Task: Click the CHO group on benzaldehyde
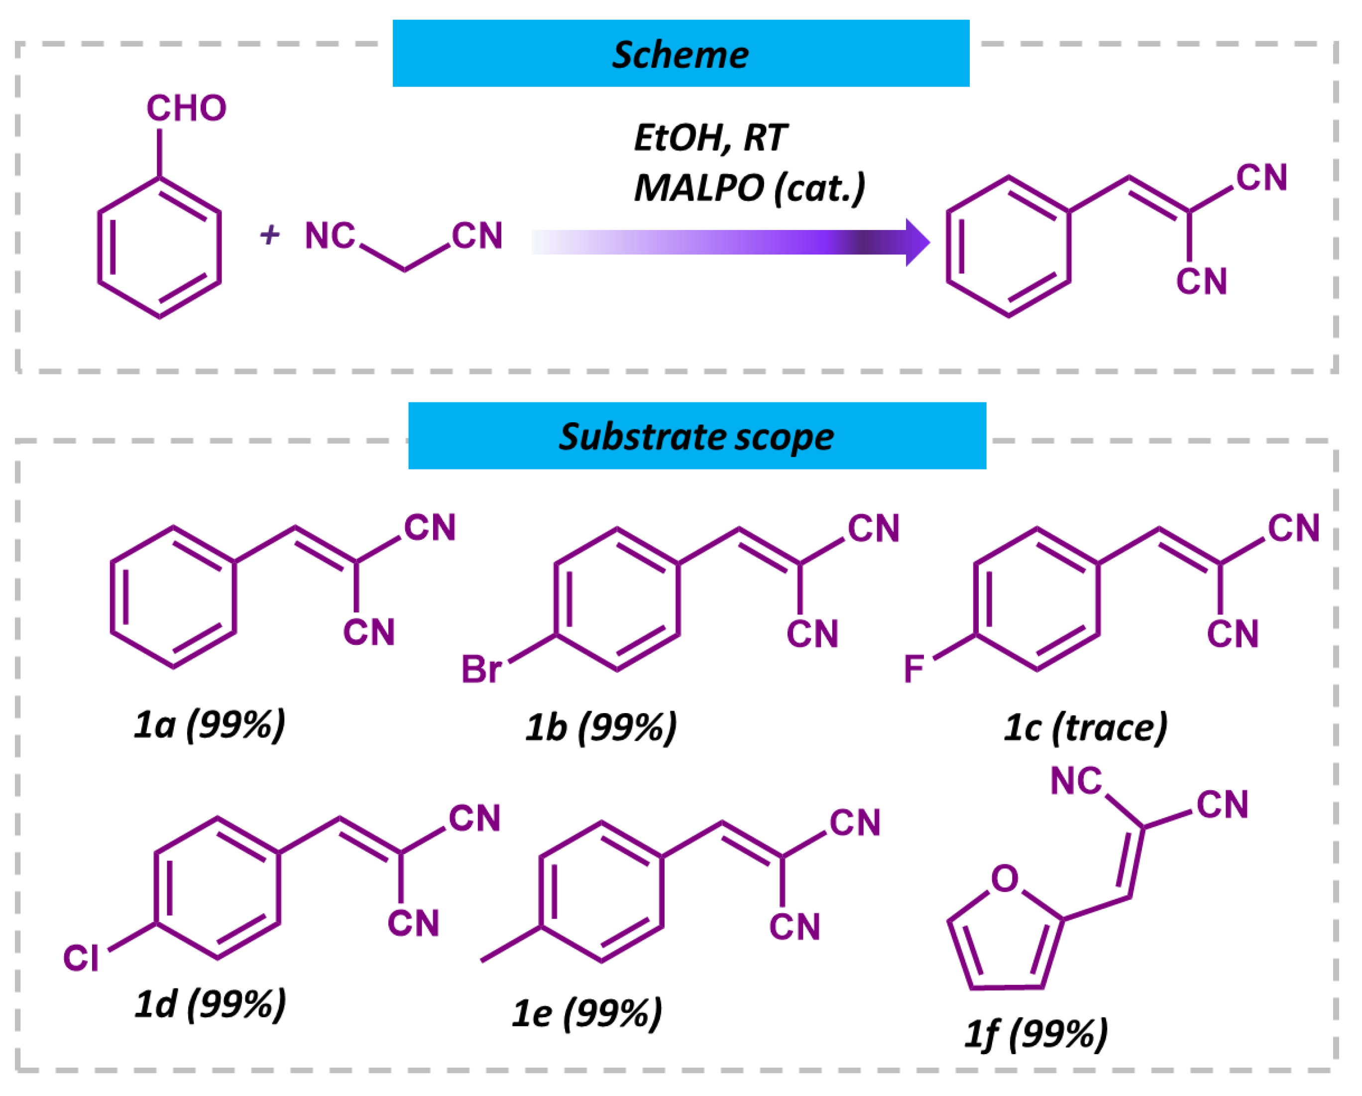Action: click(186, 108)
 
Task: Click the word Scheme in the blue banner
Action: click(681, 54)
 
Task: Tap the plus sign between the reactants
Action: click(270, 235)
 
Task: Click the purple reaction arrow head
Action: click(917, 242)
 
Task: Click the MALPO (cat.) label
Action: click(749, 188)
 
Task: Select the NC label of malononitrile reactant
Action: click(330, 236)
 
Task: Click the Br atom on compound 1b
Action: click(481, 669)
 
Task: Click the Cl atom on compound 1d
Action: click(81, 958)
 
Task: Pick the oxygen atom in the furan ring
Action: click(1005, 878)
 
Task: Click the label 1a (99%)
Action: click(210, 725)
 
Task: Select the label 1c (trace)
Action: click(1085, 727)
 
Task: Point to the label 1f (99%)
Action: click(1036, 1034)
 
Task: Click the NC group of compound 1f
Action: click(1076, 781)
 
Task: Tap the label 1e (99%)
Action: click(587, 1013)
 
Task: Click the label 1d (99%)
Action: click(211, 1004)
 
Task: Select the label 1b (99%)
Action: click(601, 727)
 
